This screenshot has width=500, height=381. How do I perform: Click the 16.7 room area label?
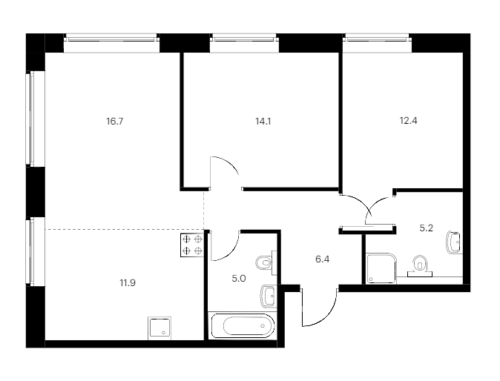115,122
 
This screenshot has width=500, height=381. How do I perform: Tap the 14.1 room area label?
263,122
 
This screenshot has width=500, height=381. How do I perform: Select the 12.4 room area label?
409,121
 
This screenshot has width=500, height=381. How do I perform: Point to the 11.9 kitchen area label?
128,282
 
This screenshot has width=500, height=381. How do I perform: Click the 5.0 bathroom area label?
239,279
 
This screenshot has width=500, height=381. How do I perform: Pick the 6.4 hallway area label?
323,259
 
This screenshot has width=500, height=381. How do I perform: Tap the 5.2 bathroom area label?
426,228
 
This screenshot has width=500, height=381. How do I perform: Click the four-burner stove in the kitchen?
192,245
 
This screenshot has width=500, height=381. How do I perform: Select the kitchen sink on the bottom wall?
159,328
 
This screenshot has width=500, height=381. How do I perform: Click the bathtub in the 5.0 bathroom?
243,325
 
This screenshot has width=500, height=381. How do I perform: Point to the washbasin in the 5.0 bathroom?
269,296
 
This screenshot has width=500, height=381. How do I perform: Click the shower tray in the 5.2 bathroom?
381,268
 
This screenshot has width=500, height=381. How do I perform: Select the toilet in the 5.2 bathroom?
420,266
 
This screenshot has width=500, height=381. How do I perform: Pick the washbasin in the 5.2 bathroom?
454,242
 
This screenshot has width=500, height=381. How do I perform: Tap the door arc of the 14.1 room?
229,163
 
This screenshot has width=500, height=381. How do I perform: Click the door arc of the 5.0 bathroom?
230,252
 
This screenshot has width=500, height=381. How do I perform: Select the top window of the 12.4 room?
377,39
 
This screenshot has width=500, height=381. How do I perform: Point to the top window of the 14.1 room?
244,39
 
